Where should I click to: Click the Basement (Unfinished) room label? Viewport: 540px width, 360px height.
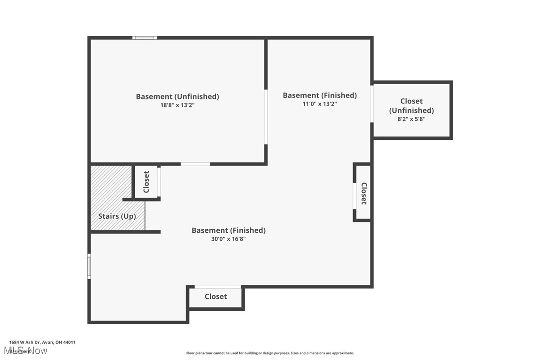pos(178,96)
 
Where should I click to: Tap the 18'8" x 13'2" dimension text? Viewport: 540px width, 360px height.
pos(178,105)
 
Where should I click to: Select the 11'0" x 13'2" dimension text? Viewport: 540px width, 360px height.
pos(320,104)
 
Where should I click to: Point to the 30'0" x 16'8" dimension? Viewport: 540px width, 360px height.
pos(228,239)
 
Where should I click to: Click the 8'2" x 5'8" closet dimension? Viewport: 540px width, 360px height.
pos(411,119)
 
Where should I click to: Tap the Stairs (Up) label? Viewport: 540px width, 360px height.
pos(117,216)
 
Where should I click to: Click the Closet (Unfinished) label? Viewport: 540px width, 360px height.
pos(411,106)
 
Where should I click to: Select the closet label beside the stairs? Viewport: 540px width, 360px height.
pos(146,182)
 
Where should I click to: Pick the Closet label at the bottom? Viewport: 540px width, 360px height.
pos(216,296)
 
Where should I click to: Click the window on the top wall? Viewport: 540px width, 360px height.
pos(145,38)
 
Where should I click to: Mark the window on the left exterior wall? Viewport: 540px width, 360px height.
pos(90,266)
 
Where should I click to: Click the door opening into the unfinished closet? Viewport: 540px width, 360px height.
pos(372,103)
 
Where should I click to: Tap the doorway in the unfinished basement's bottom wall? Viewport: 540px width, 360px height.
pos(195,164)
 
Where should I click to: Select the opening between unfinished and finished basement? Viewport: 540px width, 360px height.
pos(266,117)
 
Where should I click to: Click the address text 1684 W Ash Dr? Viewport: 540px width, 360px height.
pos(42,342)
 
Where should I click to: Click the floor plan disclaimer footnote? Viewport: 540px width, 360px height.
pos(270,353)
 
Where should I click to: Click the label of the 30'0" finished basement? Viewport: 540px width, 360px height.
pos(228,230)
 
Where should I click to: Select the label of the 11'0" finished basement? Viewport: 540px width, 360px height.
pos(320,95)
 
